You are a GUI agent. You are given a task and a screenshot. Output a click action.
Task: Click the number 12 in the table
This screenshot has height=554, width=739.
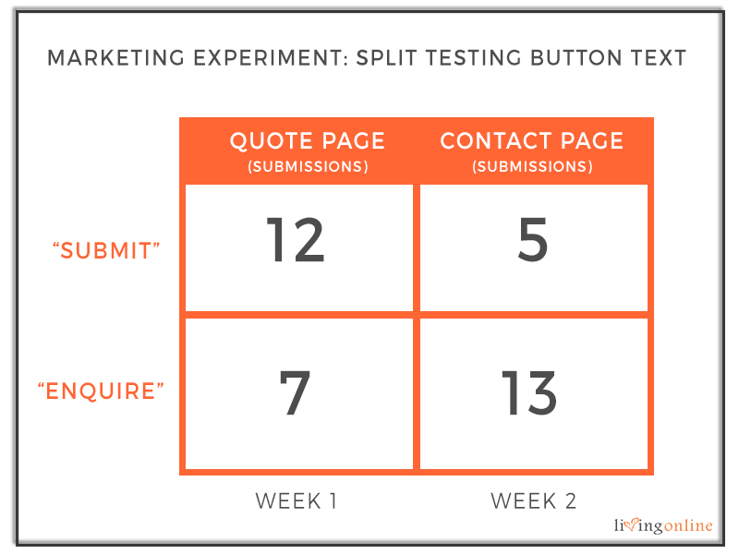click(296, 239)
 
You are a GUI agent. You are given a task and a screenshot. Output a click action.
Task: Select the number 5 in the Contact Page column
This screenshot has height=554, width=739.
click(533, 239)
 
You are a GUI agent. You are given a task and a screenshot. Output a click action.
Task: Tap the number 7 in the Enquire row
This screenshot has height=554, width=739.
click(295, 392)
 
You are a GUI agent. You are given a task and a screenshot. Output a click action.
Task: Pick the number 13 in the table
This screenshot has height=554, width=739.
click(529, 392)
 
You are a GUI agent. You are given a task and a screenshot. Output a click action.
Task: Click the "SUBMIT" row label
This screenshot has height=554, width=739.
click(106, 250)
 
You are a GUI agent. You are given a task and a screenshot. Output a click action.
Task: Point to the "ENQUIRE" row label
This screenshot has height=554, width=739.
click(101, 391)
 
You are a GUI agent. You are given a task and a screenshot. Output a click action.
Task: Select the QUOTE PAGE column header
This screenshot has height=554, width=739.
click(308, 141)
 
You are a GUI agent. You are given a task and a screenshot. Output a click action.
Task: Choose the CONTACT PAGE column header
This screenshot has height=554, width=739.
click(532, 141)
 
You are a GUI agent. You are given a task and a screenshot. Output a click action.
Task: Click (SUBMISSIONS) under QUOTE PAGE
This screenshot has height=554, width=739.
click(309, 166)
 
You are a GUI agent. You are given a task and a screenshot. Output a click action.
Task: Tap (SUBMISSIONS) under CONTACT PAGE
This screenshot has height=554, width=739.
click(533, 166)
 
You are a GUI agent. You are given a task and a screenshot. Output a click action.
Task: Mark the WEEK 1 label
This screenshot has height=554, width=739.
click(296, 500)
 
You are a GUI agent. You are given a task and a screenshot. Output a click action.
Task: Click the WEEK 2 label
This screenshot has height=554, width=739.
click(534, 500)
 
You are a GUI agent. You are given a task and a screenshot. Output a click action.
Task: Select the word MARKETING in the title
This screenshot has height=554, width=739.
click(116, 58)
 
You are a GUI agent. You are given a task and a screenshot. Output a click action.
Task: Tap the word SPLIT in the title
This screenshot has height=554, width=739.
click(386, 58)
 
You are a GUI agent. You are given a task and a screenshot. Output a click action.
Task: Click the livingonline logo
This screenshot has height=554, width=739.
click(663, 525)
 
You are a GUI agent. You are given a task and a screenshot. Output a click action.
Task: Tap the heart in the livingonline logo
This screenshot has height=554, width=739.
click(632, 524)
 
